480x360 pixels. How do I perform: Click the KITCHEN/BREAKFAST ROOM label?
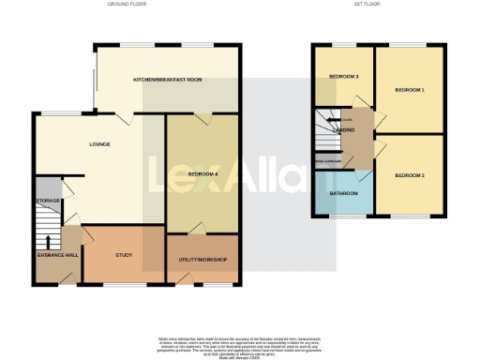tap(168, 80)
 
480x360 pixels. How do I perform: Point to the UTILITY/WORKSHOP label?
tap(202, 260)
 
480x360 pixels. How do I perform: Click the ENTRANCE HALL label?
tap(56, 256)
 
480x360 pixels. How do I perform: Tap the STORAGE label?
tap(48, 202)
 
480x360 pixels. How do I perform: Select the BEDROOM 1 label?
tap(410, 90)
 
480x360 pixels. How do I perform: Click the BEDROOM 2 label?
tap(410, 175)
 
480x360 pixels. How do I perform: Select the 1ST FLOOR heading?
tap(366, 5)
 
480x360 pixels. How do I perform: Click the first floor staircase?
tap(328, 131)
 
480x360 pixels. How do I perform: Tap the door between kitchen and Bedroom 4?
tap(200, 117)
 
